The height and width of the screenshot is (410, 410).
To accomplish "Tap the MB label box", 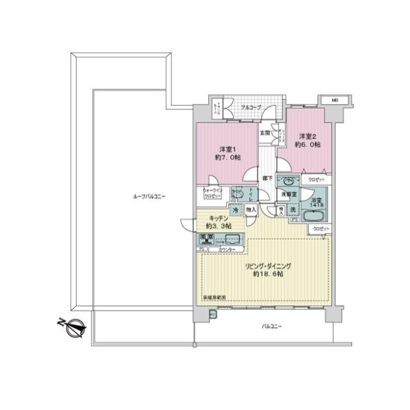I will pos(335,101).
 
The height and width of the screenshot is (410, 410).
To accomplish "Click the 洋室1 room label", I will pos(228,153).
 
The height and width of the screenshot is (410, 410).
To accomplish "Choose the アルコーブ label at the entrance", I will pos(249,107).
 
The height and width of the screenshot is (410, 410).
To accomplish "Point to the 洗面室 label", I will pos(287,195).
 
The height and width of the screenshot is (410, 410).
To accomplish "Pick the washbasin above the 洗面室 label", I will pos(288,183).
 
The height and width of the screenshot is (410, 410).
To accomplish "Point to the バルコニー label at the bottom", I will pos(271,327).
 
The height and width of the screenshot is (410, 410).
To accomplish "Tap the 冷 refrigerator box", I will pos(235,211).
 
